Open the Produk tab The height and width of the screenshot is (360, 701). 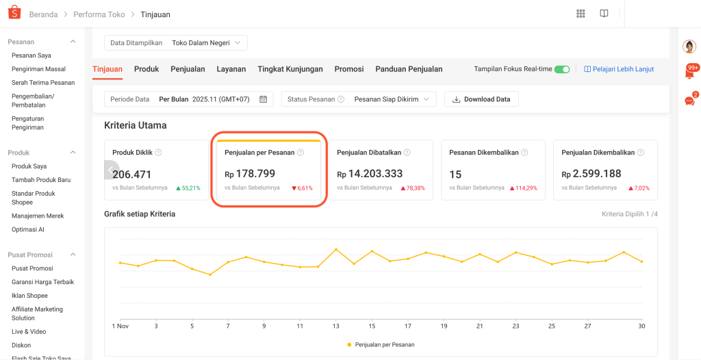tap(146, 69)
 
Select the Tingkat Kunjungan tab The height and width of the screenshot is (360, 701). tap(290, 69)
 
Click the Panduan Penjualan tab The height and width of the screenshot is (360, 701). tap(409, 69)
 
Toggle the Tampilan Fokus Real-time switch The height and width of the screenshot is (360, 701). tap(562, 69)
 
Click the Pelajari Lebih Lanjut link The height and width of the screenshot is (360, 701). tap(619, 69)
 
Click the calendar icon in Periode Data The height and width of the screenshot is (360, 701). tap(264, 99)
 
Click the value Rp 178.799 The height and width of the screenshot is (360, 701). tap(250, 174)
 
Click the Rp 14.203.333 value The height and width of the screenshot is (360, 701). tap(370, 174)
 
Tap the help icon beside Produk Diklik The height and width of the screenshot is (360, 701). tap(159, 153)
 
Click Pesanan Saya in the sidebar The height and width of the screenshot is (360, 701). tap(31, 55)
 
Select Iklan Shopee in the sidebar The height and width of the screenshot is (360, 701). tap(29, 296)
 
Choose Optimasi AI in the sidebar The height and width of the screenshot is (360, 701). tap(28, 229)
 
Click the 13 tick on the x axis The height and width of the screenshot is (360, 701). tap(335, 326)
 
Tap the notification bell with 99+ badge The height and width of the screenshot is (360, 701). tap(689, 73)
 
